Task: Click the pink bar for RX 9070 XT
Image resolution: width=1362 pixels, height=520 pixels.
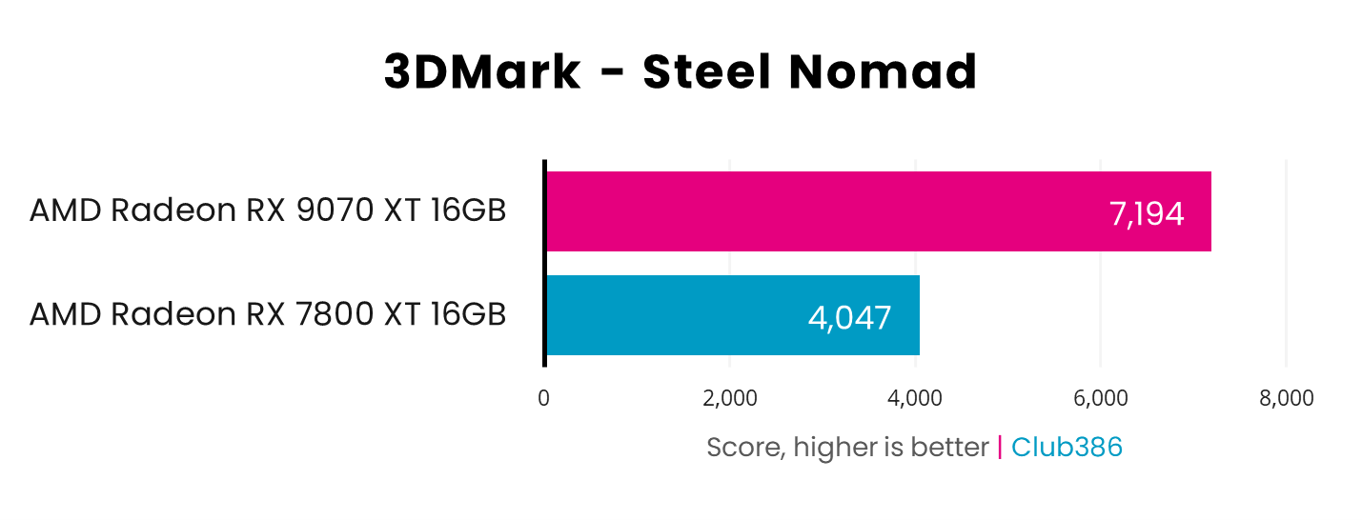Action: pyautogui.click(x=877, y=211)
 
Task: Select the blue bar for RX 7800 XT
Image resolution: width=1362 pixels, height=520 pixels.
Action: pyautogui.click(x=732, y=315)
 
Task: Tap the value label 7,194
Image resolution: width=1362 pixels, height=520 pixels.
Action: pyautogui.click(x=1147, y=214)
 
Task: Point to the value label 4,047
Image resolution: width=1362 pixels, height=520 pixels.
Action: pyautogui.click(x=849, y=317)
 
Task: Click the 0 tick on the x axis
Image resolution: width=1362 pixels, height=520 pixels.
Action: pyautogui.click(x=543, y=398)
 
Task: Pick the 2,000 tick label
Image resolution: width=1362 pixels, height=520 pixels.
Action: pyautogui.click(x=730, y=398)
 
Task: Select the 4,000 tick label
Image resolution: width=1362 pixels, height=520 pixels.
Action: pyautogui.click(x=915, y=398)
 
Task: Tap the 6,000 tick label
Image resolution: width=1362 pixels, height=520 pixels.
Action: pyautogui.click(x=1101, y=398)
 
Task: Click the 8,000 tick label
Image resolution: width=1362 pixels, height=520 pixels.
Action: pyautogui.click(x=1286, y=398)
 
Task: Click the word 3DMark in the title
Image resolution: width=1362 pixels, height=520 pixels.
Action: pyautogui.click(x=482, y=72)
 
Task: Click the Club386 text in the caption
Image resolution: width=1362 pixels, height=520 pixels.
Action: pyautogui.click(x=1067, y=447)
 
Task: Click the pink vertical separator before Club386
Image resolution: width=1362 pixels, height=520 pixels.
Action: pyautogui.click(x=1000, y=447)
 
